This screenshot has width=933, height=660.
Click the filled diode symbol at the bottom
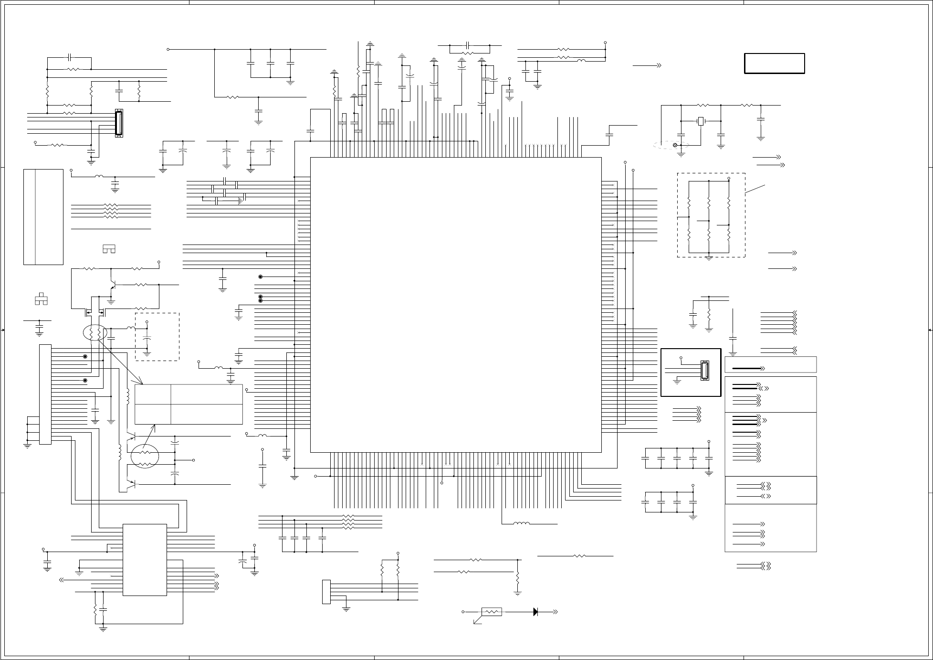coord(536,611)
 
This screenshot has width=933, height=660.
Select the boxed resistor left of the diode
coord(492,611)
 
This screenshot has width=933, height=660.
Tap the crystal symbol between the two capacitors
coord(701,121)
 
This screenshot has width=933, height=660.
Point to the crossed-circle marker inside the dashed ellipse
coord(675,145)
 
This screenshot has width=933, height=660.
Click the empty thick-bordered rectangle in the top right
coord(775,64)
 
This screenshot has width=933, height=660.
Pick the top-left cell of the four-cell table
coord(153,394)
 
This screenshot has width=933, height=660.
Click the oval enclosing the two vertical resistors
coord(95,333)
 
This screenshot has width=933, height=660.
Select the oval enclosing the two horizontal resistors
coord(145,456)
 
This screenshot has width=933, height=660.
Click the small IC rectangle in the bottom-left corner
coord(145,560)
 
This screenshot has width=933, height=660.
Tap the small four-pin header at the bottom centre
coord(326,592)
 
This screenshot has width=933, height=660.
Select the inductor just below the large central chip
coord(521,523)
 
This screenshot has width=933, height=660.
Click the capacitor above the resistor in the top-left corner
coord(70,57)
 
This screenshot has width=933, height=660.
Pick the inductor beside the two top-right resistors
coord(581,61)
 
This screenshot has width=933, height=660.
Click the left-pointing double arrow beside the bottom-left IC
coord(62,580)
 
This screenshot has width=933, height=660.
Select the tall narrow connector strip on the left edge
coord(45,394)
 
